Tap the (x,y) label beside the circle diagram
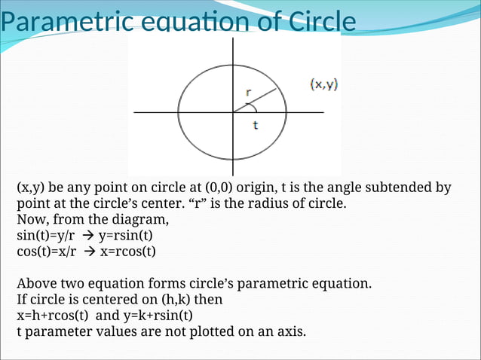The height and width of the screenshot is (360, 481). (324, 84)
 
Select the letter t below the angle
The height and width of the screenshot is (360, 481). (255, 126)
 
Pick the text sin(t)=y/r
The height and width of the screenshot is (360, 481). (46, 236)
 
